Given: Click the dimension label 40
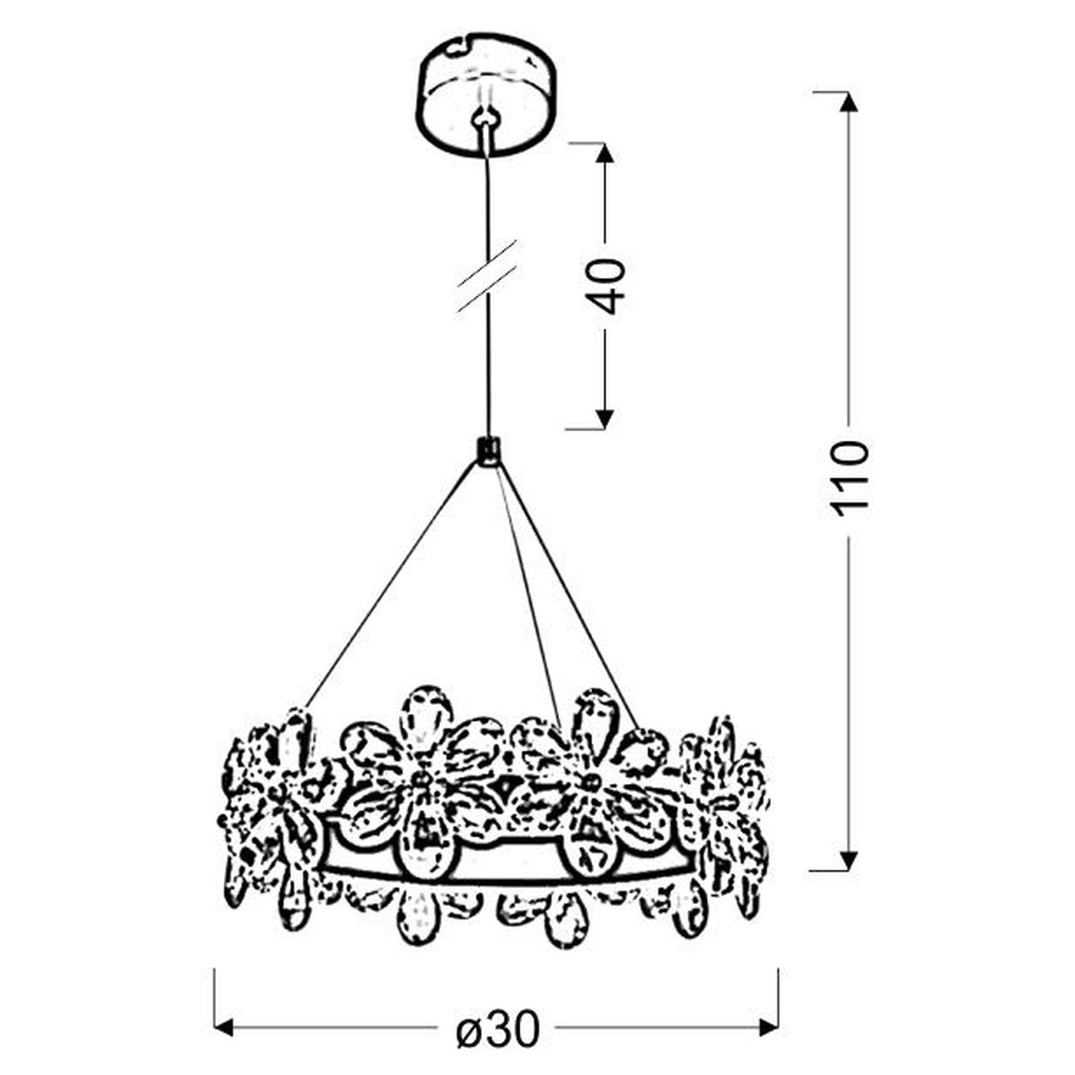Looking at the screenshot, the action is (x=606, y=286).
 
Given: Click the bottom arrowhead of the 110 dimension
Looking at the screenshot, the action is (x=848, y=873).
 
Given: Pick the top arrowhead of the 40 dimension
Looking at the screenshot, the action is (x=605, y=153).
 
